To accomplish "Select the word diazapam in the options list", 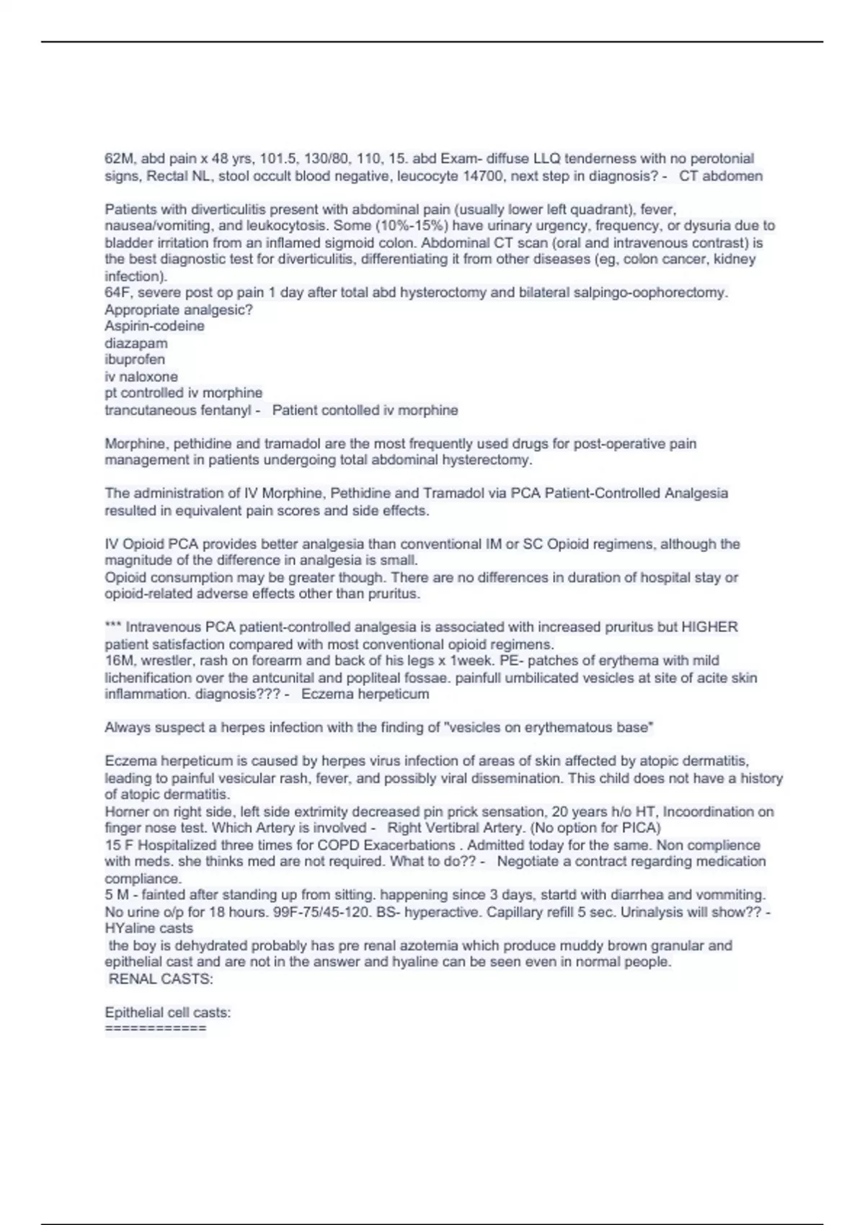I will tap(136, 343).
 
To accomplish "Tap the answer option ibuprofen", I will tap(135, 360).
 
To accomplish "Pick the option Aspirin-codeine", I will tap(154, 326).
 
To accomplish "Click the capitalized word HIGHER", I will tap(709, 627).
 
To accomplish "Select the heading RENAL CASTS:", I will tap(160, 979).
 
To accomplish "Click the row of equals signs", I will tap(156, 1028).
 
